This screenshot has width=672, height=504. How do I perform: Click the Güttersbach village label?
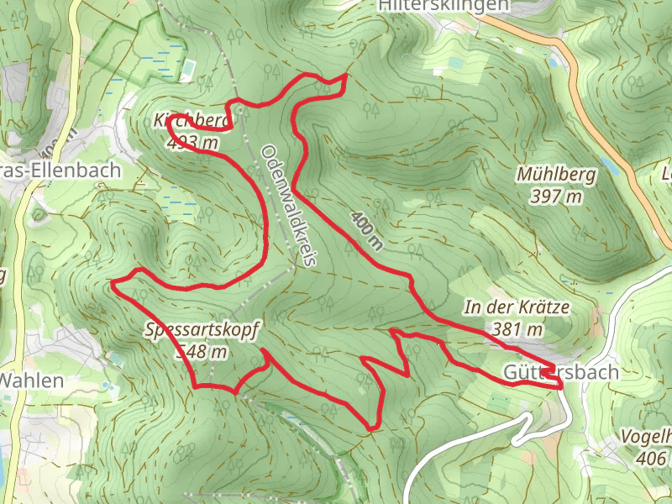pos(561,372)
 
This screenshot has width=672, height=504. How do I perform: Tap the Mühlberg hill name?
pos(556,176)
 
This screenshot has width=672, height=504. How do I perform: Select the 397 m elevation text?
pos(556,197)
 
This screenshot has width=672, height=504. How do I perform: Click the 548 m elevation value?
pos(201,351)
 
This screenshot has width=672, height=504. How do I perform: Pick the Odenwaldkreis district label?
pos(287,206)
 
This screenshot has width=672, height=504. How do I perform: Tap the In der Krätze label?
pos(517,308)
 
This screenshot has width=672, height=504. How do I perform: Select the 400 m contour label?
pos(367,230)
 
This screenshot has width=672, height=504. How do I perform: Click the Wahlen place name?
pos(32,380)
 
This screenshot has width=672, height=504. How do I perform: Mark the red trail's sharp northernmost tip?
pos(345,76)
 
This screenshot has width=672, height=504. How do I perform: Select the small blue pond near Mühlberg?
pos(611,168)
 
